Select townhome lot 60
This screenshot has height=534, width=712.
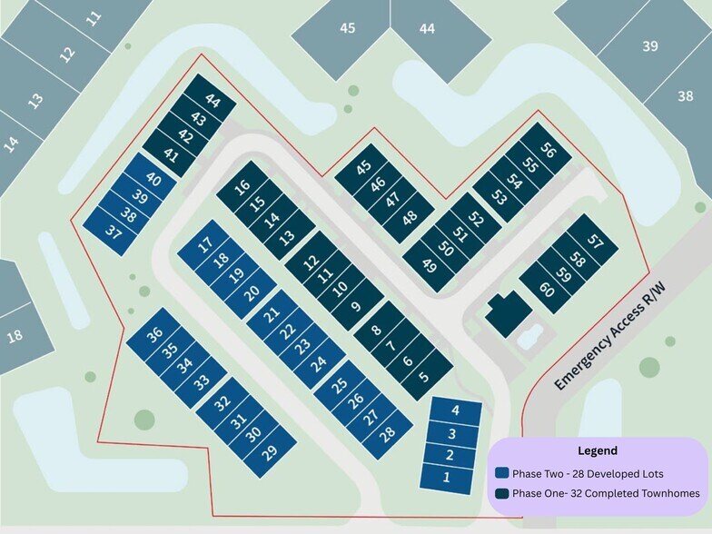click(x=547, y=290)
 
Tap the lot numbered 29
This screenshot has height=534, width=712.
click(x=270, y=451)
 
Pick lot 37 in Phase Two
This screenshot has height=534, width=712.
click(x=114, y=232)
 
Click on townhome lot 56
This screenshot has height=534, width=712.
click(x=548, y=151)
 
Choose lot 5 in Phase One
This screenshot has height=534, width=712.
click(x=423, y=374)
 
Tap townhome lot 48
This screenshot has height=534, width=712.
click(x=410, y=217)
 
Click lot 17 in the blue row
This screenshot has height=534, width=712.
click(x=205, y=243)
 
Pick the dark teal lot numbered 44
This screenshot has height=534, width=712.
click(x=213, y=101)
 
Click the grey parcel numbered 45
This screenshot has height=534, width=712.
click(x=347, y=28)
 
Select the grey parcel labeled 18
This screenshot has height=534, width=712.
click(x=15, y=336)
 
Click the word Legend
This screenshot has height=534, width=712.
click(x=597, y=450)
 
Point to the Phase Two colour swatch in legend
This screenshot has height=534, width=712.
click(x=501, y=473)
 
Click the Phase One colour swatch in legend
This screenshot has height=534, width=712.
click(x=501, y=494)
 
